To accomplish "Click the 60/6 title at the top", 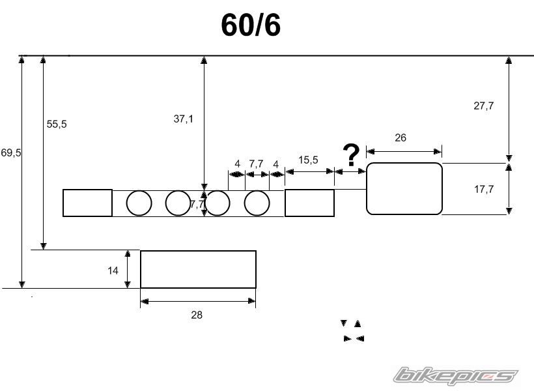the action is pos(251,25).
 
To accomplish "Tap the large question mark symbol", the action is pos(351,155).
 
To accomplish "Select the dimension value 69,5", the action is pos(11,152).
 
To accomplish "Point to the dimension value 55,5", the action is pos(57,124).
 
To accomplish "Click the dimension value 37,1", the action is pos(183,119).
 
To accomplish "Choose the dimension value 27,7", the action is pos(484,106).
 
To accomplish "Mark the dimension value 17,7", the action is pos(484,189).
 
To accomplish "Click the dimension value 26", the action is pos(400,138).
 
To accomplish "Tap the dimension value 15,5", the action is pos(308,160).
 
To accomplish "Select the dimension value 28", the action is pos(197,315).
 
